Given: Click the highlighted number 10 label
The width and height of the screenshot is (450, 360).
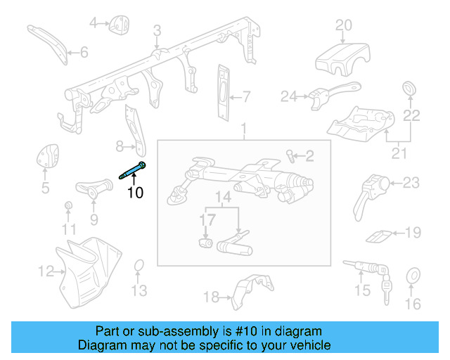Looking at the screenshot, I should point(134,191).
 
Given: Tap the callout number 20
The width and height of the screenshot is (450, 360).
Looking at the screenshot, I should point(343,26).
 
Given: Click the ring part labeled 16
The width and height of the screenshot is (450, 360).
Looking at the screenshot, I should point(413,276).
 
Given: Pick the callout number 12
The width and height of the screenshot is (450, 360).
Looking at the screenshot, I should point(46,271).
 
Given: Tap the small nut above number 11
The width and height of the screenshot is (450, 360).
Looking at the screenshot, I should point(68,205).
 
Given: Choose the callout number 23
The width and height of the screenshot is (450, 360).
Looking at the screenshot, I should point(411,184).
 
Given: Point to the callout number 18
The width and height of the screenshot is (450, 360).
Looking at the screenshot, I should point(212,297).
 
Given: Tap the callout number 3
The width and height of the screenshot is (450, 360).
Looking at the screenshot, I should point(157,30).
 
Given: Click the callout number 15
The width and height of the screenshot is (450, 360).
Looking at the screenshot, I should point(362,290).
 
